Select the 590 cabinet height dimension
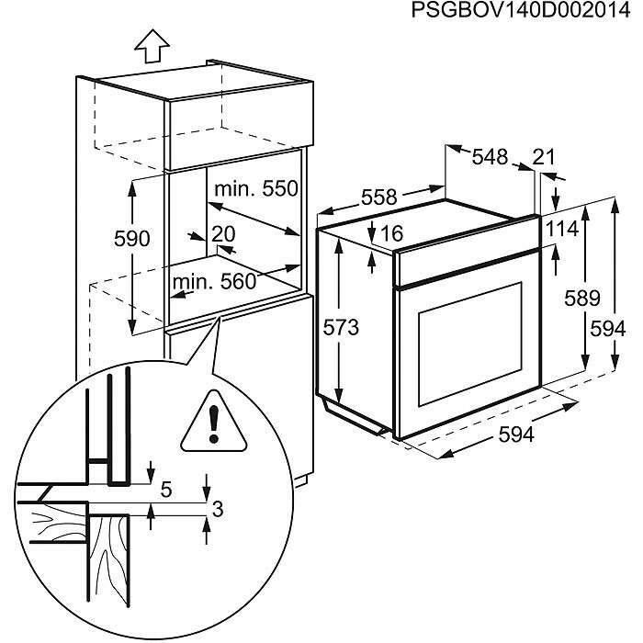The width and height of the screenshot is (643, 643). coord(131,239)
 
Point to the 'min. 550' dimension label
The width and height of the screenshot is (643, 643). coord(256,188)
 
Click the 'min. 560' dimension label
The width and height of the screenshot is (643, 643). coord(212,281)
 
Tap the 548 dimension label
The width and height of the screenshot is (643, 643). coord(490,157)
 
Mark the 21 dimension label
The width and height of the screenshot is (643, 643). coord(545,157)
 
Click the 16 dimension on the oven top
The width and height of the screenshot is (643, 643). coord(391,234)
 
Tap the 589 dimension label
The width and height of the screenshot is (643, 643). coord(581,298)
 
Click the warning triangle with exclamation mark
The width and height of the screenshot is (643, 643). coord(214,423)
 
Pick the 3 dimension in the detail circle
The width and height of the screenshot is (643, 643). coord(219,508)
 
